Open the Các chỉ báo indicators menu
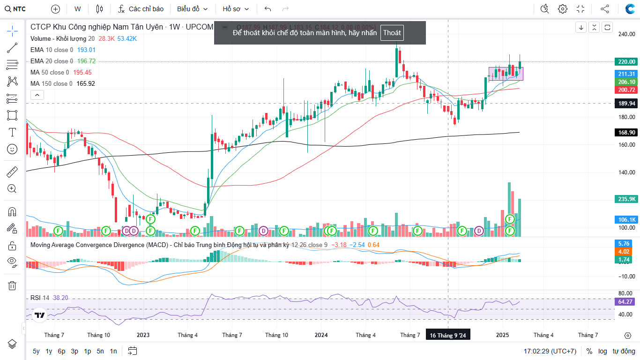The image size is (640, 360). point(141,9)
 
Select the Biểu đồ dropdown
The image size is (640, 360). point(192,9)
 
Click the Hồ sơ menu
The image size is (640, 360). point(236,9)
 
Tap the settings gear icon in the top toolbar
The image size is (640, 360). point(563,9)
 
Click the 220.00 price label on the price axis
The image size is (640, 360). point(626,61)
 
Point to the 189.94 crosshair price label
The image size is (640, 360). point(626,103)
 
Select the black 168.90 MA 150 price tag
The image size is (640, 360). point(626,133)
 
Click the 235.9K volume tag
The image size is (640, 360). point(626,199)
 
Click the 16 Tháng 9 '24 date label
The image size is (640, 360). point(448,335)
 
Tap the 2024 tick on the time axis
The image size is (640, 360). point(321,335)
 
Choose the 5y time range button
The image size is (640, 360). point(36,351)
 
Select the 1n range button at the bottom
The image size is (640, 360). point(113,351)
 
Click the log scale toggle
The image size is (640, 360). point(602,351)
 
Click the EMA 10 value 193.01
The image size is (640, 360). point(86,50)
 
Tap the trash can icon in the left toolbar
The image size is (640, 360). point(12,285)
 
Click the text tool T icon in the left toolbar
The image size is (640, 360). point(12,132)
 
